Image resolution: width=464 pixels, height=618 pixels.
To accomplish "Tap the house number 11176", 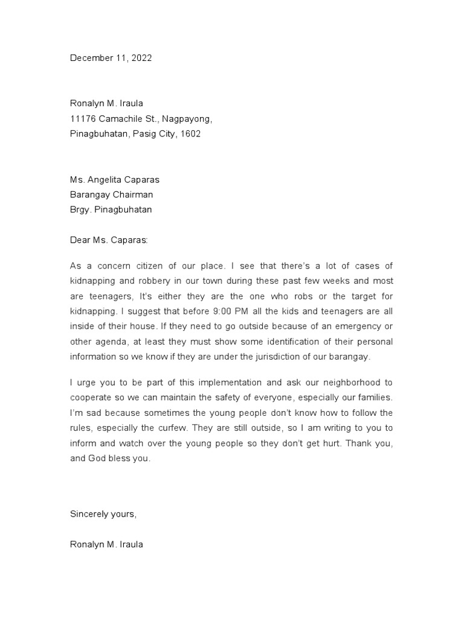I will coord(83,119).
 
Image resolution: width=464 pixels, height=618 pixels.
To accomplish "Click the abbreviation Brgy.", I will coord(80,209).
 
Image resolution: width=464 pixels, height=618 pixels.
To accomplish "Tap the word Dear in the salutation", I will coord(80,240).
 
